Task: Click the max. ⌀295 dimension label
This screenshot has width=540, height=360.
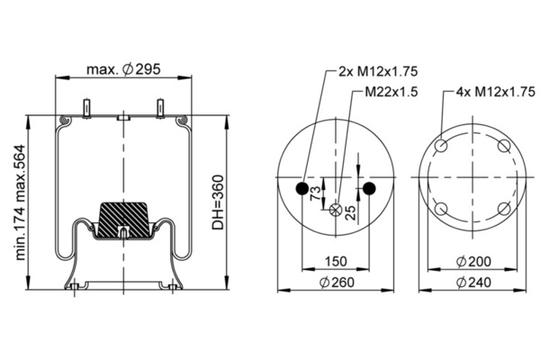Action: point(123,69)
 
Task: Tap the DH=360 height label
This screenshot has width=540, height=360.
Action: point(218,202)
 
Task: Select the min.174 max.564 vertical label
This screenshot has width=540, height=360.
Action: point(21,202)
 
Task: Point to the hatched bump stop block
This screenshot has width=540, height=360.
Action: point(123,220)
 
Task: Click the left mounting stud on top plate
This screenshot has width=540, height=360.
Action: point(86,109)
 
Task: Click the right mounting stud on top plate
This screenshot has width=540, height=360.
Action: point(160,109)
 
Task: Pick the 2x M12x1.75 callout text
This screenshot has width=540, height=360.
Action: point(378,71)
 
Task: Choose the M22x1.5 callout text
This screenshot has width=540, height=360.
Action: point(391,92)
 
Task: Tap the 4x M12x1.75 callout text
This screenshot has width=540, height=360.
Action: point(496,92)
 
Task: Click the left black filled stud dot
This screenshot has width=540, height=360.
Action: point(302,188)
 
